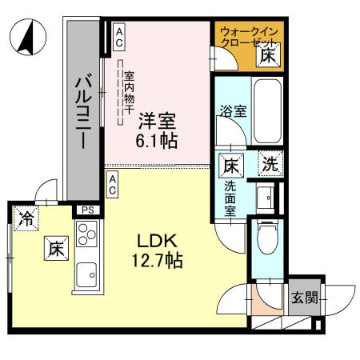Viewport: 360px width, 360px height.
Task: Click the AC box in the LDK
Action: click(x=113, y=185)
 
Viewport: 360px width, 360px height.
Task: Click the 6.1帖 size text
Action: click(x=156, y=141)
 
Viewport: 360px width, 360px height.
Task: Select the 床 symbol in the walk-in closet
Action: click(x=268, y=55)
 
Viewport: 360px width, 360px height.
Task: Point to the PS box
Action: click(x=86, y=211)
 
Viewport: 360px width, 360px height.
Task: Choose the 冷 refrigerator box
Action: click(x=26, y=218)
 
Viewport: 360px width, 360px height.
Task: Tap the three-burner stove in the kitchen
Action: click(x=86, y=237)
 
